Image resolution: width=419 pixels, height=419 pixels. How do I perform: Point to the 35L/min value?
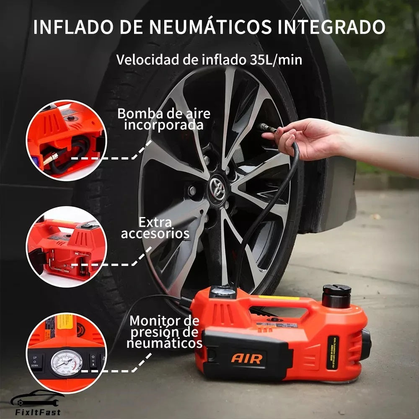coord(272,59)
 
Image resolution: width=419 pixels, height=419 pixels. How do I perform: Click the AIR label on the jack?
coord(247,359)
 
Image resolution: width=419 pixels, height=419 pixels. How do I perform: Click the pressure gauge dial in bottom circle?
coord(67,362)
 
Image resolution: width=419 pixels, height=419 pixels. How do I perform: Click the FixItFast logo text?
coord(36,412)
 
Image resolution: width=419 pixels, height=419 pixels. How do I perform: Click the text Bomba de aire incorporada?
coord(164,119)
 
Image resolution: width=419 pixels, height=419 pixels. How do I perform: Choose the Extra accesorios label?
coord(155,228)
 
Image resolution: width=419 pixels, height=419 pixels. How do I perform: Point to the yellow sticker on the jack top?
coord(278,298)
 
